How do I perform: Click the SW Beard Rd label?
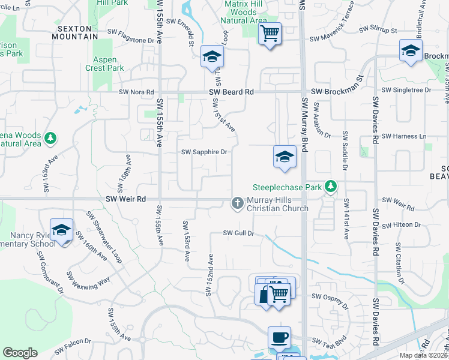coord(232,92)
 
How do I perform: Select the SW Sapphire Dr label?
coord(205,152)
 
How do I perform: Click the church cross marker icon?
coord(237,204)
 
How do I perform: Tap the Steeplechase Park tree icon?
coord(330,187)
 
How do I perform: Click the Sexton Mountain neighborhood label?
coord(77,32)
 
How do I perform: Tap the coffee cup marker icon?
coord(279,337)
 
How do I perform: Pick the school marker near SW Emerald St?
coord(212,57)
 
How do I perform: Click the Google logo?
coord(20,353)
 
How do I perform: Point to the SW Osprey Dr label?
coord(329,296)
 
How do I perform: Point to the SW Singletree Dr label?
coord(411,90)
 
